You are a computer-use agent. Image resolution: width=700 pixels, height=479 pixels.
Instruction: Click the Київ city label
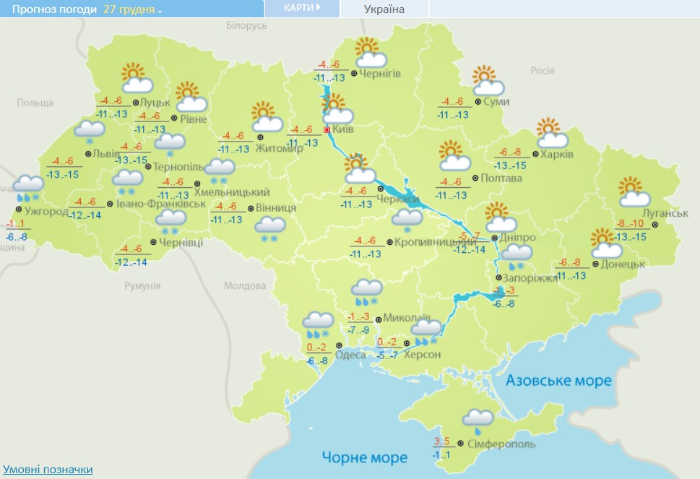pos(345,131)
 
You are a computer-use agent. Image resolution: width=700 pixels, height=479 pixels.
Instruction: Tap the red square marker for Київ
pos(327,130)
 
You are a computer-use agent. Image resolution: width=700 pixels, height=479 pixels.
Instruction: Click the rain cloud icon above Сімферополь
pos(478,420)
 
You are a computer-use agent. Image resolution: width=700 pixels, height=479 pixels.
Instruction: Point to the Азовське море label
pos(558,381)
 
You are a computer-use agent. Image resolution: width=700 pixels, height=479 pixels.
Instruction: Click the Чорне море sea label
pos(365,457)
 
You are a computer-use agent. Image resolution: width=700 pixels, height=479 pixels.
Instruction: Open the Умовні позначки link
pos(48,470)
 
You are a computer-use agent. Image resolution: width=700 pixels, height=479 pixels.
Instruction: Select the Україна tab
pos(384,9)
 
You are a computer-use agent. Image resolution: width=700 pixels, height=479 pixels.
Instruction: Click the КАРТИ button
pos(301,8)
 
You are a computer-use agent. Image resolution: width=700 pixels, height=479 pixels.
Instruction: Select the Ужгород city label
pos(46,212)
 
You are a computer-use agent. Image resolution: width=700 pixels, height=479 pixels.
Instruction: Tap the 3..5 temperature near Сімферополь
pos(441,441)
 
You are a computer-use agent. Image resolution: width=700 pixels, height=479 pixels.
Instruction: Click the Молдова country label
pos(245,285)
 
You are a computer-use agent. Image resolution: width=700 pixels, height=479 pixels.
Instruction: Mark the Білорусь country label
pos(246,25)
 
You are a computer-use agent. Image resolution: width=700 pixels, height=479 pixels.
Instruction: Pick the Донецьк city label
pos(623,265)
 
